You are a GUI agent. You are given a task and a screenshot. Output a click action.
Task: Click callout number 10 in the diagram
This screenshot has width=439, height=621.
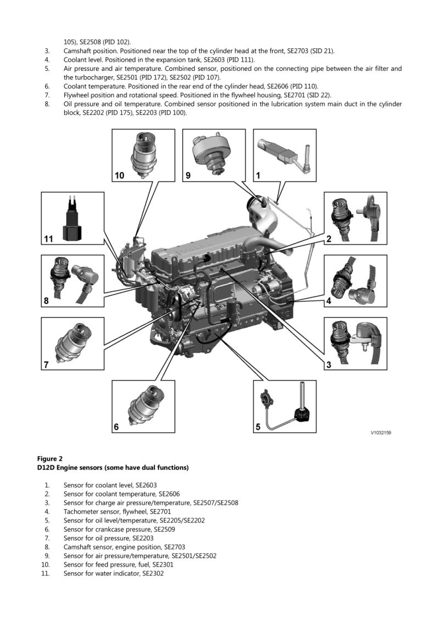tap(120, 176)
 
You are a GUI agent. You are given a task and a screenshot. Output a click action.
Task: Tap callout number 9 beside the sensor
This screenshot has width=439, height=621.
tap(188, 176)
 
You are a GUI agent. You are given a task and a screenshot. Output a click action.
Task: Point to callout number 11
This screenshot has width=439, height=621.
tap(49, 239)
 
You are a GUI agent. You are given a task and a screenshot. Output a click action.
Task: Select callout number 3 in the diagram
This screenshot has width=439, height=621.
tap(329, 364)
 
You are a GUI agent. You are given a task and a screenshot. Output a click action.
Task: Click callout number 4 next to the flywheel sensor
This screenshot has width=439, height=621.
tap(329, 301)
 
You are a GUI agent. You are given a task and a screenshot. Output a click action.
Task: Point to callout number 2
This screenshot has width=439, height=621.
tap(329, 239)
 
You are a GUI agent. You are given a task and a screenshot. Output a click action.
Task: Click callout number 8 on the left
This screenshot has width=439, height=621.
tap(47, 301)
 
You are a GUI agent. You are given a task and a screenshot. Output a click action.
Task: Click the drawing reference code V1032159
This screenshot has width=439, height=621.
tap(380, 432)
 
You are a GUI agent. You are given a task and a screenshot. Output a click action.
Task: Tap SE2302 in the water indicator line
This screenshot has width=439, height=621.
tap(153, 573)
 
